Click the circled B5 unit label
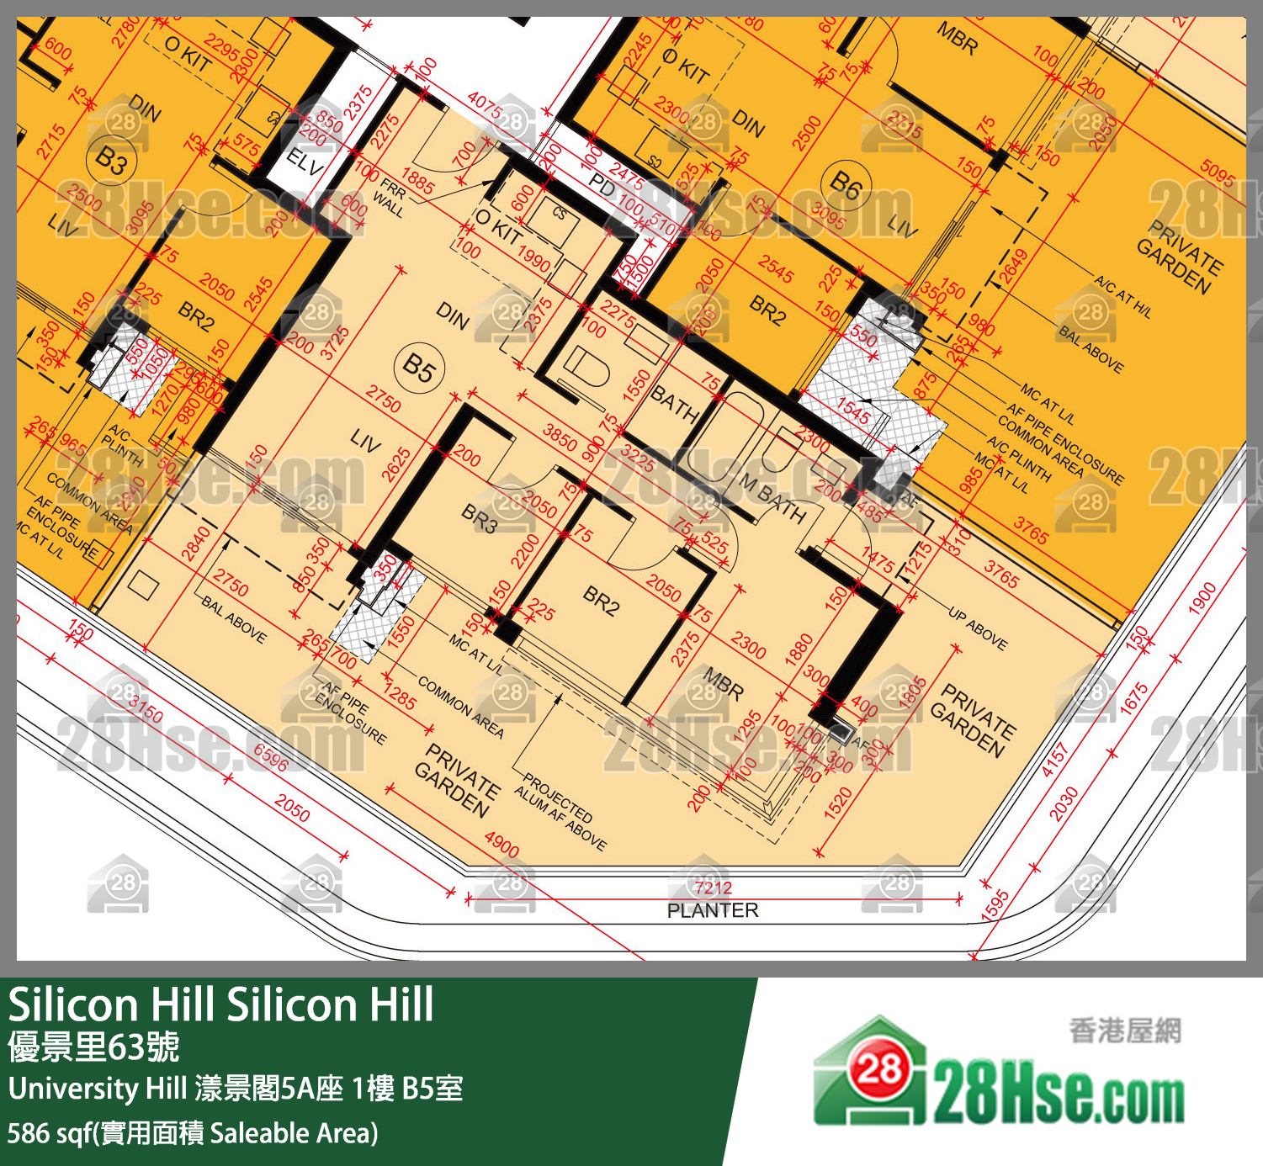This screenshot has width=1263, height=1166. (418, 368)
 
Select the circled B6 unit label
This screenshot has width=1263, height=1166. (846, 185)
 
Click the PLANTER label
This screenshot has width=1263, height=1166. (713, 910)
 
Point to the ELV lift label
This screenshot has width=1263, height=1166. (305, 162)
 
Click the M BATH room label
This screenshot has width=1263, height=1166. (772, 498)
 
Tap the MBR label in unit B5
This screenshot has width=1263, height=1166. (723, 684)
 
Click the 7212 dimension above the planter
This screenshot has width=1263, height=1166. (713, 888)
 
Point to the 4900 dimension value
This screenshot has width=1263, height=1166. (501, 845)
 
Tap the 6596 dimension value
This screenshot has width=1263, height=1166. (271, 758)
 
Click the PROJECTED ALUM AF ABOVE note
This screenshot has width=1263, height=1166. (560, 811)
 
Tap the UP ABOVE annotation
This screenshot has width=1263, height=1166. (977, 628)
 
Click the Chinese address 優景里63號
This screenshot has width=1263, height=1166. (93, 1047)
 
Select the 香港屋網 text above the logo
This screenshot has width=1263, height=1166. (1125, 1031)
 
